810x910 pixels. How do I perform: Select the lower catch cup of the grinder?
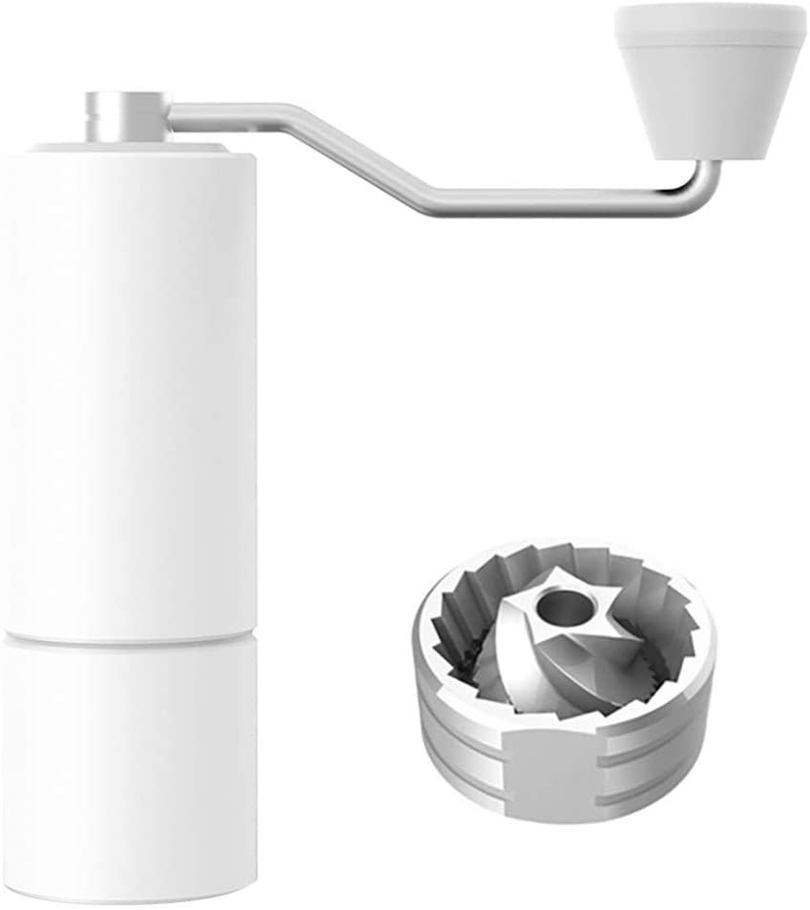pyautogui.click(x=129, y=763)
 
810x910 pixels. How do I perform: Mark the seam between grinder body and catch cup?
pyautogui.click(x=129, y=635)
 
